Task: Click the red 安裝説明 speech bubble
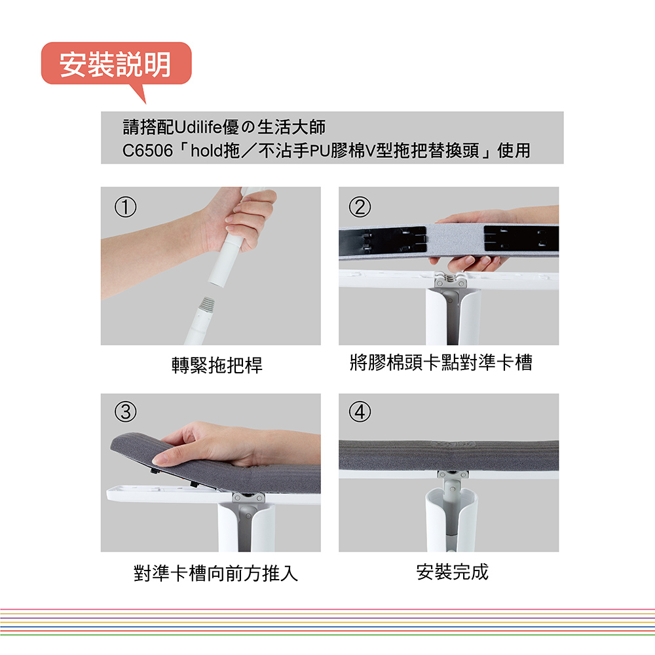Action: point(116,64)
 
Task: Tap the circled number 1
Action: point(125,207)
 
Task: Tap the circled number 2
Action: point(360,207)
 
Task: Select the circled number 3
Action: point(125,411)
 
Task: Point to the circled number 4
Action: point(360,411)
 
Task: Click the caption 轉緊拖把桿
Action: point(217,365)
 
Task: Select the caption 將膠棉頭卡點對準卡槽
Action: point(441,362)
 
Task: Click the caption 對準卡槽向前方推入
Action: point(216,572)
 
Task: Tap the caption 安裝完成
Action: point(453,571)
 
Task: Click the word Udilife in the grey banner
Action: point(198,127)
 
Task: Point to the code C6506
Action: point(147,151)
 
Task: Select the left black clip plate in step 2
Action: point(383,240)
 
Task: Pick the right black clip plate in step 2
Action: point(521,238)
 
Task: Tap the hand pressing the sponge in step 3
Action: point(234,445)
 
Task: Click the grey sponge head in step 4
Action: point(449,455)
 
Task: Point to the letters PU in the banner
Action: point(320,151)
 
